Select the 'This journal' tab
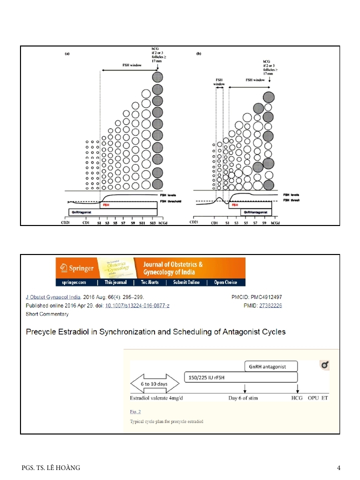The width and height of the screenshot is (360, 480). [x=115, y=282]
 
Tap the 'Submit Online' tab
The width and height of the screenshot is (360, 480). [x=186, y=282]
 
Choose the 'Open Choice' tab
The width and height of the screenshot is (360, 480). [x=225, y=282]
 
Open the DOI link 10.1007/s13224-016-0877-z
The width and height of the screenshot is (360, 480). [x=137, y=305]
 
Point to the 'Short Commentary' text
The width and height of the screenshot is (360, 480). [x=47, y=314]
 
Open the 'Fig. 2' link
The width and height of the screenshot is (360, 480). [x=135, y=411]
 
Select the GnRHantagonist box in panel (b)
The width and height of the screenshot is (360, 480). [x=254, y=212]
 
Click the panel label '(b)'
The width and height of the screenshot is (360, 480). [x=198, y=53]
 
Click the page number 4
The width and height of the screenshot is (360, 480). [x=338, y=468]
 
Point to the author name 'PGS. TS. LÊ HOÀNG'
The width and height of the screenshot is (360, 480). [x=51, y=468]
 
